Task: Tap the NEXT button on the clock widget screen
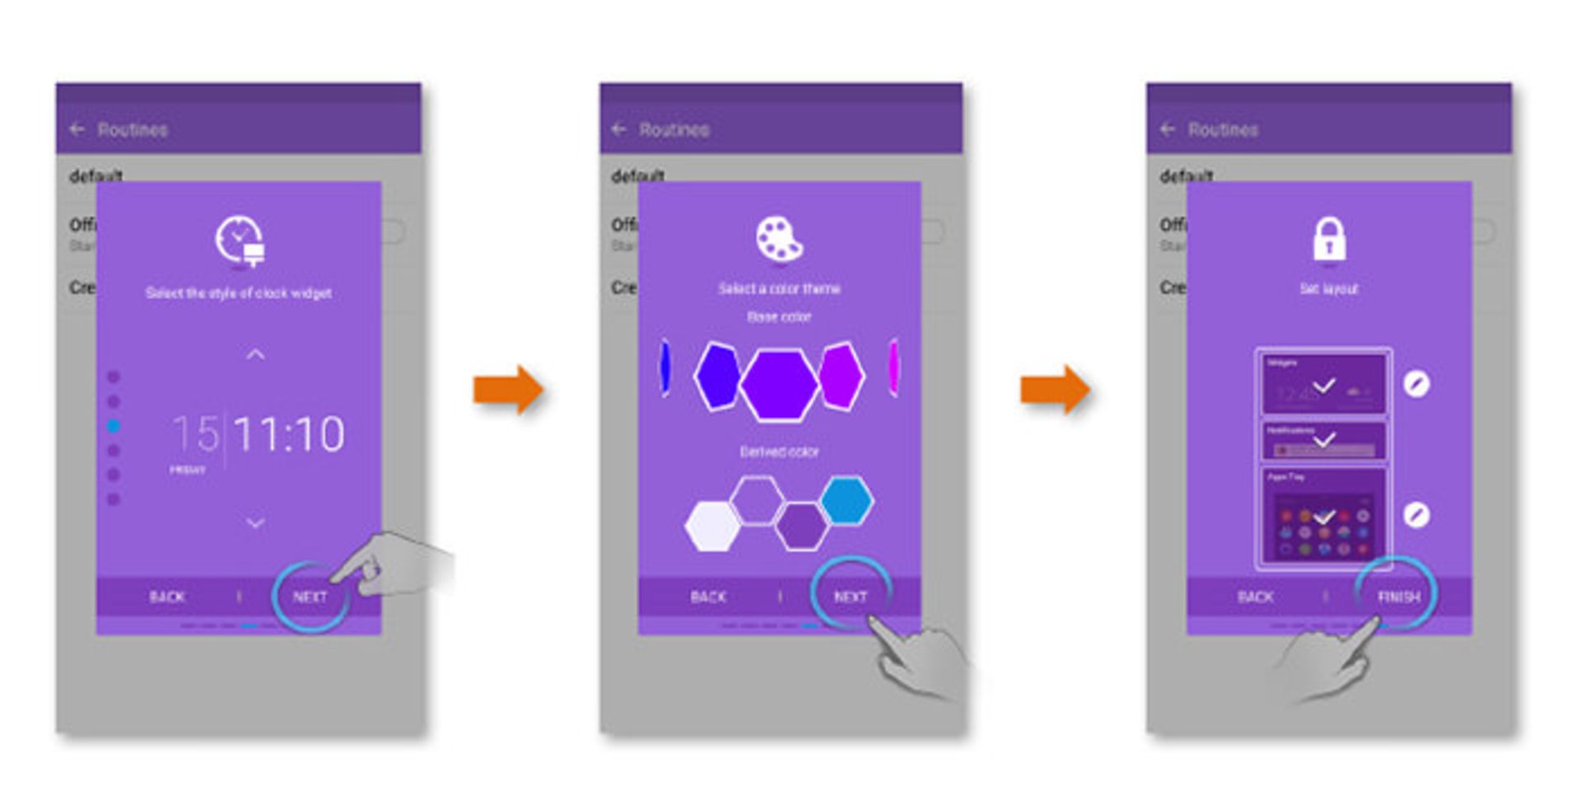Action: [310, 597]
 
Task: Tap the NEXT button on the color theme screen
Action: [851, 597]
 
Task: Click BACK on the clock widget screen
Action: [167, 597]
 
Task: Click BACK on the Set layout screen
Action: [1255, 597]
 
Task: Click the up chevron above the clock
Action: [256, 355]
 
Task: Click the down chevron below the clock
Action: [256, 522]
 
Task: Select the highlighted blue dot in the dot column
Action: [114, 426]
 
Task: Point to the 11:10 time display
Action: [288, 434]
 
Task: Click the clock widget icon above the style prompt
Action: [240, 241]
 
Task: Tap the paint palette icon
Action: [779, 239]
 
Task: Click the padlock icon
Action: [1329, 240]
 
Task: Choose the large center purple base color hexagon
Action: [779, 384]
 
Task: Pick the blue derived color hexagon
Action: [846, 500]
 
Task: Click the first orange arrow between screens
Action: [508, 389]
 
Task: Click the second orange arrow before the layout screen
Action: [1055, 389]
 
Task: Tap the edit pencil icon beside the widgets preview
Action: [1416, 384]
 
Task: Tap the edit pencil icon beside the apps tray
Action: [1416, 516]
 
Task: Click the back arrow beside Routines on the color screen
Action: [619, 129]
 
